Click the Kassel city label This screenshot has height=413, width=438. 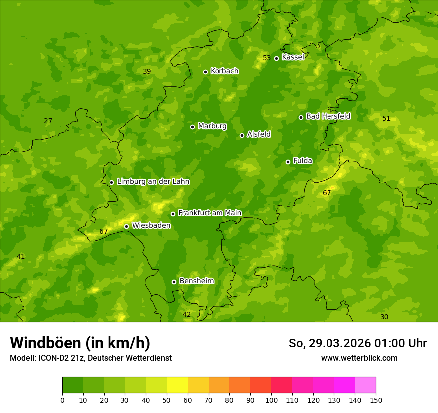point(293,57)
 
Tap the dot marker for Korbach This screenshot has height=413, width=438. point(205,72)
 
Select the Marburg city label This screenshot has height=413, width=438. point(212,126)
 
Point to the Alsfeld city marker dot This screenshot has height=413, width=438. point(242,135)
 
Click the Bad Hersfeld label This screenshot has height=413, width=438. point(328,116)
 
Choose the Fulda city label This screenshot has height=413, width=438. point(303,161)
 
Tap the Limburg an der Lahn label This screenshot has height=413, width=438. point(153,182)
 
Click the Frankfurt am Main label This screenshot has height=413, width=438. point(210,213)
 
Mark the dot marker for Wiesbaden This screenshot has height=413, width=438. point(126,226)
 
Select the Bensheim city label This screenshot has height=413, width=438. point(196,281)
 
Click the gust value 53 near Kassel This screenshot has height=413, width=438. point(267,58)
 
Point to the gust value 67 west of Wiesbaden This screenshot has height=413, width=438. point(104,231)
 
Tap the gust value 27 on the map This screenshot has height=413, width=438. point(48,121)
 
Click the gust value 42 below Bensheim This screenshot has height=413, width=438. point(187,314)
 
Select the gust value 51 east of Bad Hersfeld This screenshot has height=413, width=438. point(386,118)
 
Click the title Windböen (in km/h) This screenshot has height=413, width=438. point(80,343)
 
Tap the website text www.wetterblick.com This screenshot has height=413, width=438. point(359,358)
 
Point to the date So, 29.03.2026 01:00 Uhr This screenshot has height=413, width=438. point(357,343)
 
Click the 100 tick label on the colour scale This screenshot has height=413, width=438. point(271,400)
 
